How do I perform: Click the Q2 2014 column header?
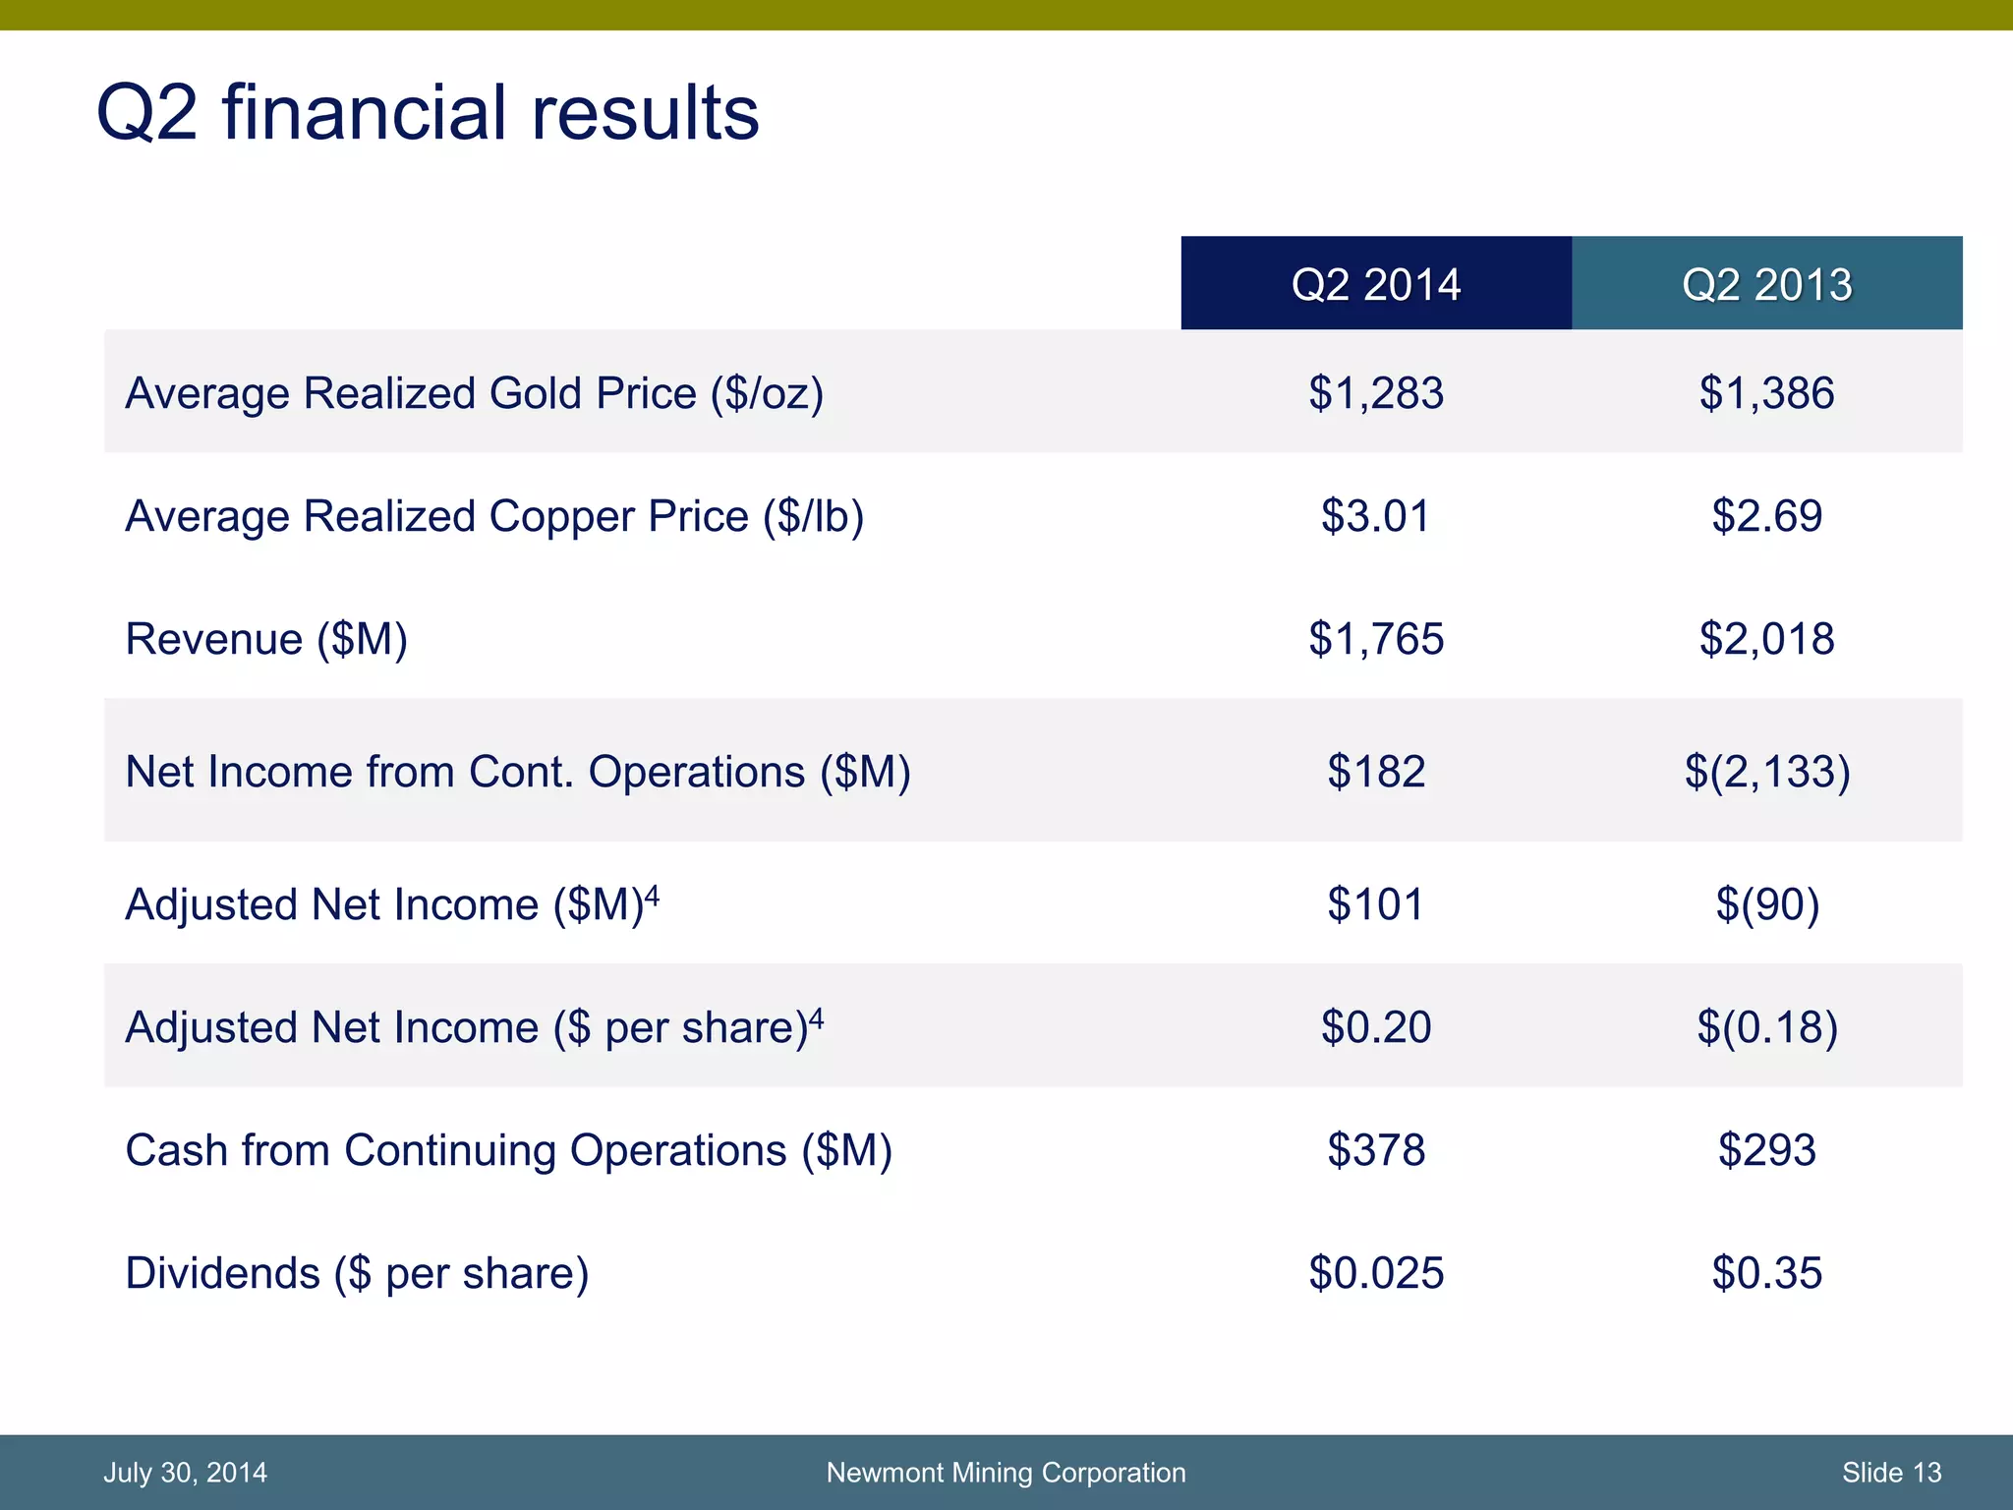click(1375, 284)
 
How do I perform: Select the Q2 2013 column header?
click(1766, 284)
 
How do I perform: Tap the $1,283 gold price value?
click(1375, 393)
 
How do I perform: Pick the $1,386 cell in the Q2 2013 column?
click(1766, 393)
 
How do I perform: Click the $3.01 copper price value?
click(1375, 516)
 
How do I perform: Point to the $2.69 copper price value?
click(1766, 516)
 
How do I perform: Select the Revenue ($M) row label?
click(266, 639)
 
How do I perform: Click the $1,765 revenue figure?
click(1375, 639)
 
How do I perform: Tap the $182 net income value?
click(1375, 772)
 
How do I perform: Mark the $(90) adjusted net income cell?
click(1766, 904)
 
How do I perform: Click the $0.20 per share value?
click(1375, 1027)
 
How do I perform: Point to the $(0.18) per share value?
click(1766, 1027)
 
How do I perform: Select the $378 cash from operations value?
click(1375, 1150)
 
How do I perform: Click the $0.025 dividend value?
click(1375, 1273)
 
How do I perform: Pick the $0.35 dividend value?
click(1766, 1273)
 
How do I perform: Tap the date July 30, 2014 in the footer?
click(185, 1473)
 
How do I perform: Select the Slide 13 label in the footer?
click(1891, 1473)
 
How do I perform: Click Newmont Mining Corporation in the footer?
click(1006, 1473)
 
